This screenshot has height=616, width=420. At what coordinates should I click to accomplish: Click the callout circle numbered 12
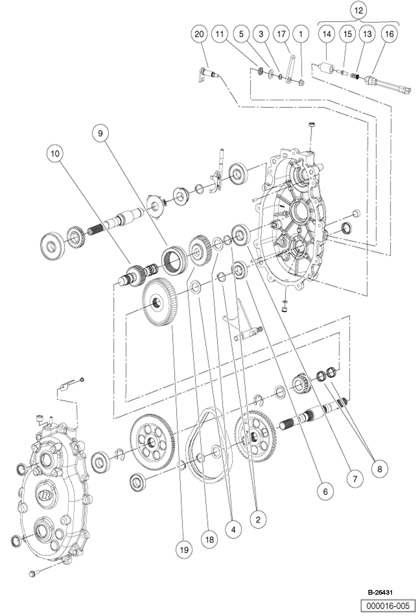(x=359, y=11)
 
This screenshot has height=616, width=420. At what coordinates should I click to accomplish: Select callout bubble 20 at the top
(x=199, y=34)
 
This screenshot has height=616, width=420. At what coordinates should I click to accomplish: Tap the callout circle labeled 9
(x=101, y=133)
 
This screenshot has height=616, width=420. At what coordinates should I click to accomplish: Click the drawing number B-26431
(x=380, y=592)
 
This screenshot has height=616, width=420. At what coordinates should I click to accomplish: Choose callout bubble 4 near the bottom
(x=234, y=530)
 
